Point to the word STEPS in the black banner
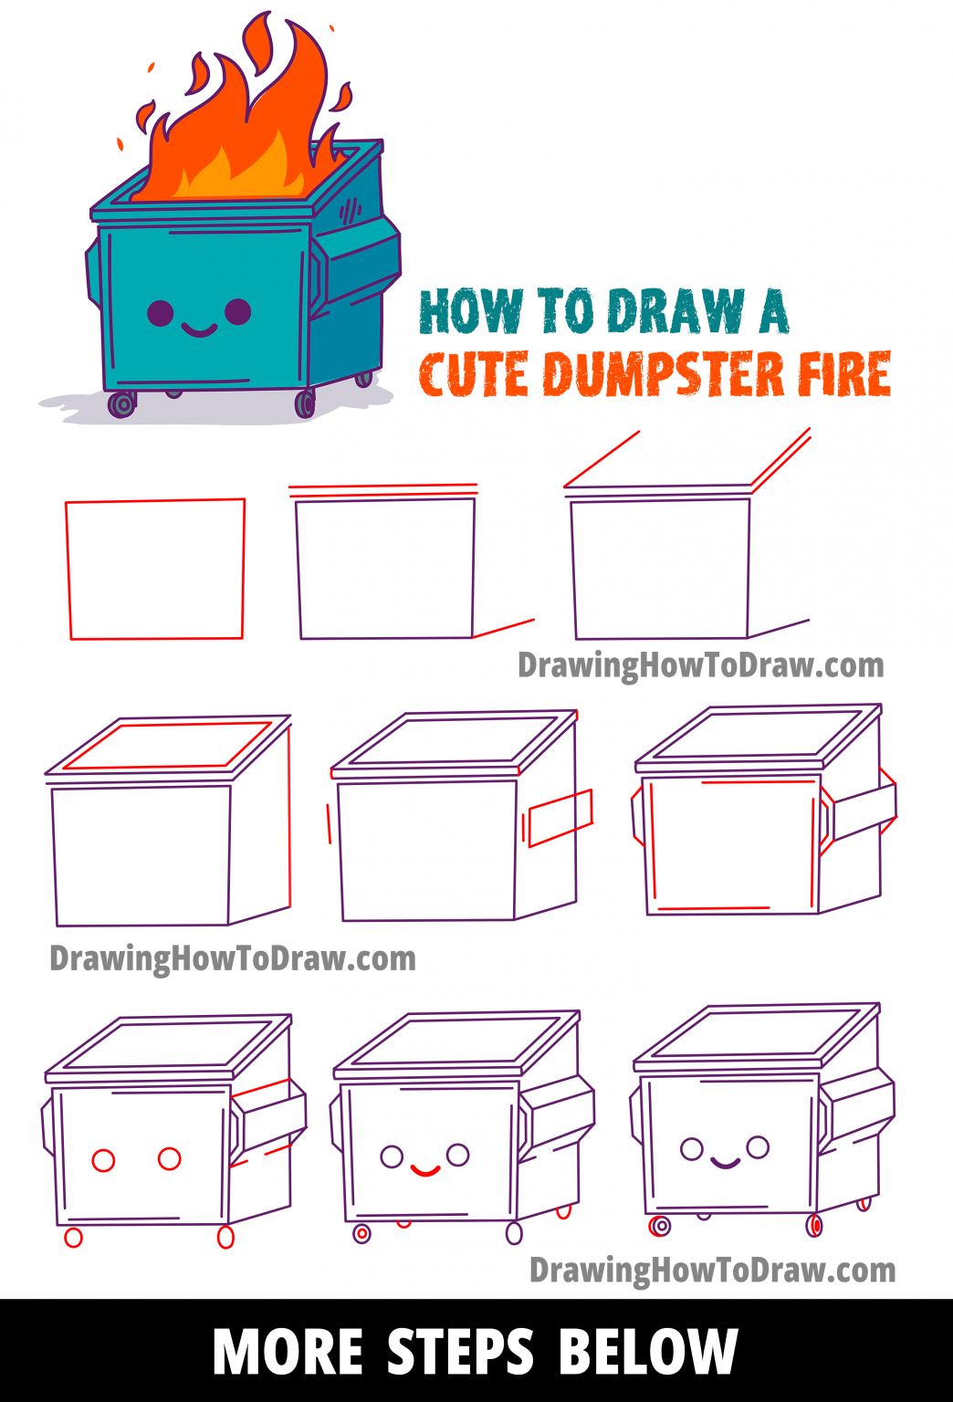460,1352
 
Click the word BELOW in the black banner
647,1352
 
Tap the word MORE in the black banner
288,1352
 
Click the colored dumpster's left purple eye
160,313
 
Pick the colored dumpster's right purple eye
238,311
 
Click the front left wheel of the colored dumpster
121,403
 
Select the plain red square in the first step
156,569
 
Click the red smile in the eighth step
424,1169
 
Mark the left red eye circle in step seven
104,1160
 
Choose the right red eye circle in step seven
170,1158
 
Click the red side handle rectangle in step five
560,818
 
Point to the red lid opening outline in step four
167,746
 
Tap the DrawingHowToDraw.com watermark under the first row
700,665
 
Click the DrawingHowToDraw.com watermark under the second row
233,958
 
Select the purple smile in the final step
725,1163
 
